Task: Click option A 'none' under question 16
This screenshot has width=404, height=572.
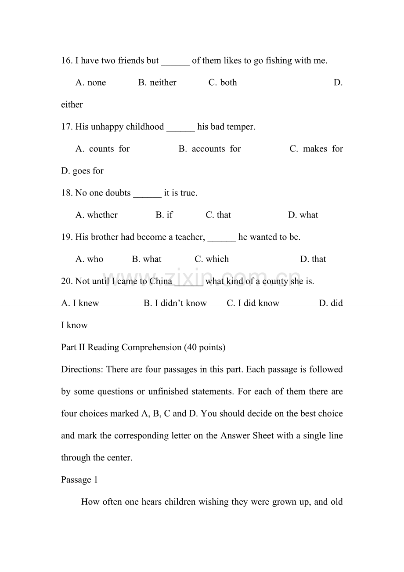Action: tap(91, 83)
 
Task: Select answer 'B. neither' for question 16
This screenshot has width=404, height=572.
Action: tap(157, 83)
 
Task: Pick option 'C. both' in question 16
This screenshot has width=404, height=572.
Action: tap(223, 83)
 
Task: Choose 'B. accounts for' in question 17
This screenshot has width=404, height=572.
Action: tap(210, 149)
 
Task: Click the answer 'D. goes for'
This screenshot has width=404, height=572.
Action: tap(83, 171)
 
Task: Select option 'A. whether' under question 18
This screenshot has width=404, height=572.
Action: tap(97, 215)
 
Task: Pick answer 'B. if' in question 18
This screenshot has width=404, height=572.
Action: tap(164, 215)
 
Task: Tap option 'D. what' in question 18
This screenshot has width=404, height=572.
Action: tap(303, 215)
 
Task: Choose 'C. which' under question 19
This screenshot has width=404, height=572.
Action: tap(212, 259)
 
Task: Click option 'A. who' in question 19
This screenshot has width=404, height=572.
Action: tap(90, 259)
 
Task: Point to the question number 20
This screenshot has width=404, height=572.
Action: tap(67, 281)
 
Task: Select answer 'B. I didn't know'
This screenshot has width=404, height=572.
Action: tap(175, 303)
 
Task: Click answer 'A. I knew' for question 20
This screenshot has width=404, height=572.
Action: tap(80, 303)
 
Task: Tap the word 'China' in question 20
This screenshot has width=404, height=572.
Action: tap(161, 281)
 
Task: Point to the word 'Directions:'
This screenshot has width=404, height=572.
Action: tap(83, 369)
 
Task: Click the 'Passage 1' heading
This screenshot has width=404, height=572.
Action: tap(79, 480)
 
